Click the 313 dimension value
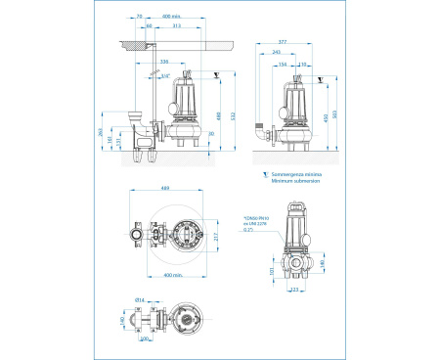(176, 26)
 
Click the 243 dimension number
(277, 53)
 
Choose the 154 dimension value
(284, 63)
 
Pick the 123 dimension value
(294, 291)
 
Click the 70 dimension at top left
(140, 17)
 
